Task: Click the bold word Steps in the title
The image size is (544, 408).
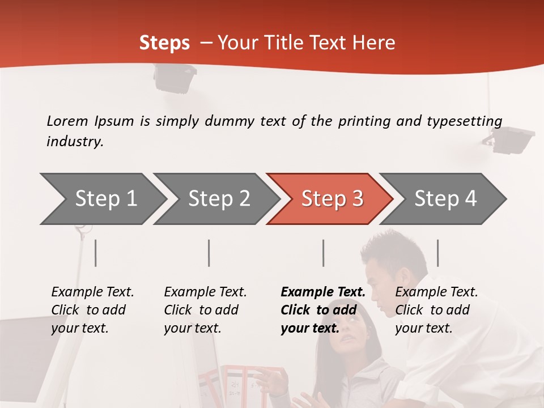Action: coord(164,43)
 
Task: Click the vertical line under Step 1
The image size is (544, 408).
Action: coord(96,253)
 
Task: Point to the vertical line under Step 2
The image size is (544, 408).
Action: coord(209,253)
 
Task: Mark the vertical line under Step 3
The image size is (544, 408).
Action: coord(323,253)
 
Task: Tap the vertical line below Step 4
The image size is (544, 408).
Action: coord(437,253)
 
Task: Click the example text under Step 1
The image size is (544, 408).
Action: coord(92,310)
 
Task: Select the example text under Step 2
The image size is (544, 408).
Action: coord(205,310)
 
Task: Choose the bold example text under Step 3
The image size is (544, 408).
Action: coord(322,310)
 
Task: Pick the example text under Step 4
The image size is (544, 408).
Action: coord(436,310)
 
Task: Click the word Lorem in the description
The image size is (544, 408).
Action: coord(67,121)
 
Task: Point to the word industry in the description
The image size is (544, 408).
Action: coord(75,142)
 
